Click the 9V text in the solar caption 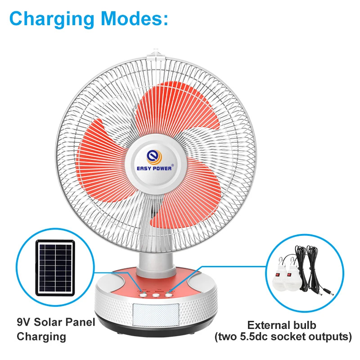25,322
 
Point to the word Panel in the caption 81,322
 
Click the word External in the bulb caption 266,325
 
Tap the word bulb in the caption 305,325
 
